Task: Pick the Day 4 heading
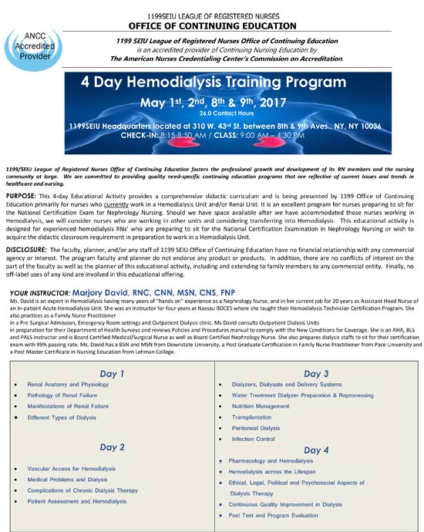pos(317,449)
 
